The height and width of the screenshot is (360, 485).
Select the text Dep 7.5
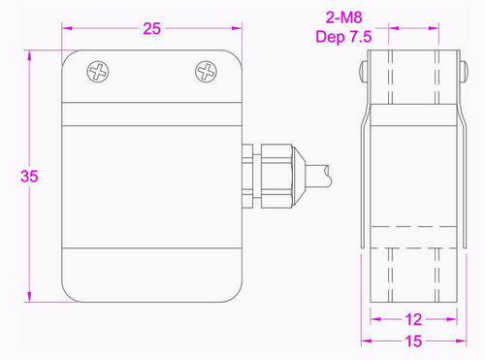pos(344,37)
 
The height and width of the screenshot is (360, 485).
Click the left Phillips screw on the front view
pos(98,71)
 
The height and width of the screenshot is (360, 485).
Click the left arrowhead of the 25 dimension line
pos(67,28)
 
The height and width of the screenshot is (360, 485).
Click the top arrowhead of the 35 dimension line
pos(30,48)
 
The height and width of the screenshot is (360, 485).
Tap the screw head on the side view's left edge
pos(365,74)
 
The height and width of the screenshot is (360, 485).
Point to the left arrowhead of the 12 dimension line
pos(376,319)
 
